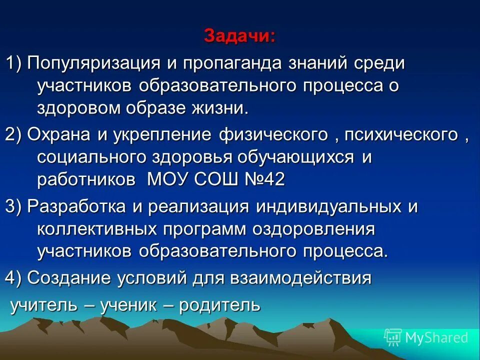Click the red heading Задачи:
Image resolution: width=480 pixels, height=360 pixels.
click(239, 36)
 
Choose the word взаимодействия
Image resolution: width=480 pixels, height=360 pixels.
click(302, 277)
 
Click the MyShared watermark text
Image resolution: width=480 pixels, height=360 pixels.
click(436, 338)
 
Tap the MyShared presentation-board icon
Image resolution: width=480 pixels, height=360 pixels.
click(392, 337)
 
